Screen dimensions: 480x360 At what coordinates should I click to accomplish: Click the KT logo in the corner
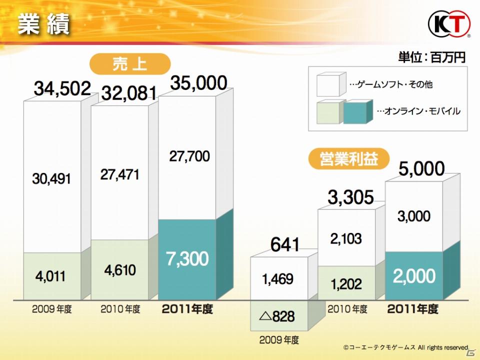(449, 23)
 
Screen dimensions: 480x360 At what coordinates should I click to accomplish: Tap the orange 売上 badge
(130, 64)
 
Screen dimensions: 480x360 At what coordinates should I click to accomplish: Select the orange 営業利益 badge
(348, 159)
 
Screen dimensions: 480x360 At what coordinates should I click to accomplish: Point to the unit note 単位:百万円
(431, 57)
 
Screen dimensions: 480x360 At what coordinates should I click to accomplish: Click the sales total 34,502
(62, 88)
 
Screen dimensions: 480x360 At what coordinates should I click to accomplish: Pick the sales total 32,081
(129, 93)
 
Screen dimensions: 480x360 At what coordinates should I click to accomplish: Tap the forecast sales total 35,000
(198, 82)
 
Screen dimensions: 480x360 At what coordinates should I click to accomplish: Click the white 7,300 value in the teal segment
(187, 258)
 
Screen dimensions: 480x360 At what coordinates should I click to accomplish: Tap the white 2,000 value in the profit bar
(414, 276)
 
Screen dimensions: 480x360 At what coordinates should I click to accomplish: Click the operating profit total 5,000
(421, 169)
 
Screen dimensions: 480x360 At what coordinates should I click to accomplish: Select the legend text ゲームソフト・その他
(395, 84)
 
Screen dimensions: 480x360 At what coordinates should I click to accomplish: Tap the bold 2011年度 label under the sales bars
(187, 309)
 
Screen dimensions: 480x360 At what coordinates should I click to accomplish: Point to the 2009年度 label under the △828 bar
(279, 340)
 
